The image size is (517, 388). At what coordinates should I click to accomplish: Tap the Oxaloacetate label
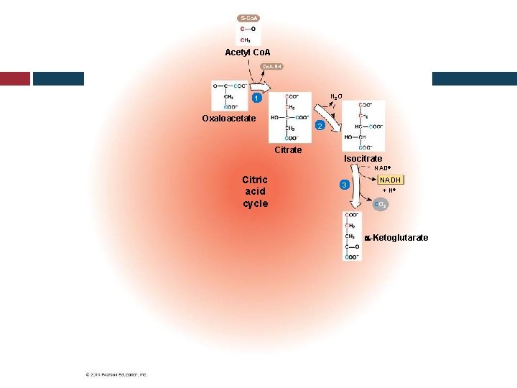point(228,119)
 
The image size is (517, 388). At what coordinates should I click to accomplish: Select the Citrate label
point(288,150)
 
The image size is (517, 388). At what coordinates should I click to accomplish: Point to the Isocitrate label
point(363,158)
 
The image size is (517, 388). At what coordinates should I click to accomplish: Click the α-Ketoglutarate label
point(396,238)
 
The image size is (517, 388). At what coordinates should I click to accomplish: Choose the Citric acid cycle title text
point(255,191)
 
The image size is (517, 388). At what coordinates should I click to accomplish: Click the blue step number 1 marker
point(254,98)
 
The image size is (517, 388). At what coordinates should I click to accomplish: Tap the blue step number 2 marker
point(322,126)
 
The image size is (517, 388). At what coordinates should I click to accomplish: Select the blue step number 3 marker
point(345,185)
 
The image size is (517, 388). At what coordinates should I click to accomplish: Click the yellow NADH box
point(391,180)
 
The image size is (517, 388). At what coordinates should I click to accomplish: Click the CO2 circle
point(381,205)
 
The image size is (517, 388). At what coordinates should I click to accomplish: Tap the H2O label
point(336,96)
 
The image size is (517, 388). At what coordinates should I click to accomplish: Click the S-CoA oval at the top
point(248,18)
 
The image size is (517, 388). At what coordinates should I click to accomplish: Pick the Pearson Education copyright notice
point(116,374)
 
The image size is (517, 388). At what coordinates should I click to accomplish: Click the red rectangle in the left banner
point(14,78)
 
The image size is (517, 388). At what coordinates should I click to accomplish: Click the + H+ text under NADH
point(388,190)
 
